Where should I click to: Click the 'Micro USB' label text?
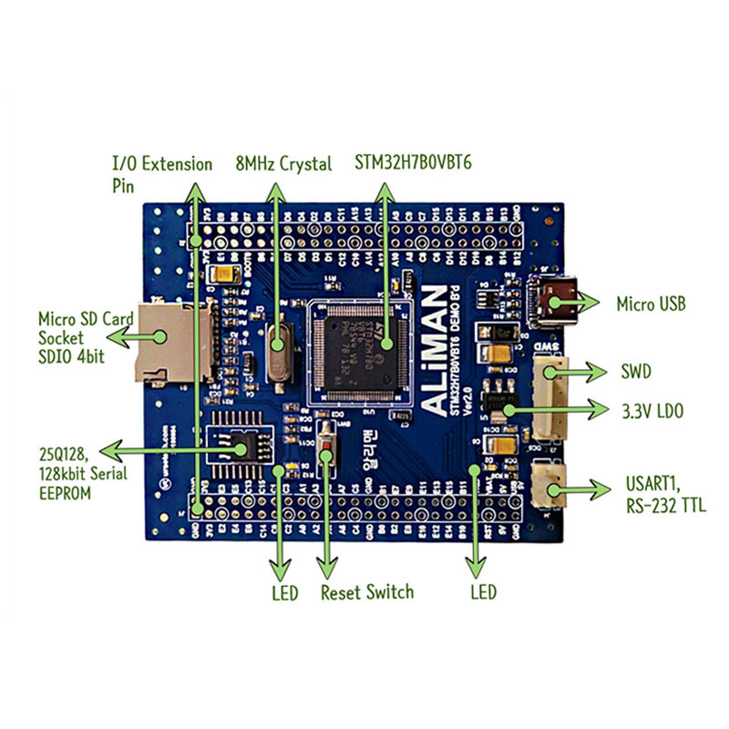pyautogui.click(x=651, y=303)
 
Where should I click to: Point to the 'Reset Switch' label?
pyautogui.click(x=367, y=592)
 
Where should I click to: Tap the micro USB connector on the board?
pyautogui.click(x=557, y=303)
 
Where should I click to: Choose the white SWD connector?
pyautogui.click(x=551, y=396)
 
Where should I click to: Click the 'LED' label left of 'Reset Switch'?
pyautogui.click(x=284, y=593)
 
